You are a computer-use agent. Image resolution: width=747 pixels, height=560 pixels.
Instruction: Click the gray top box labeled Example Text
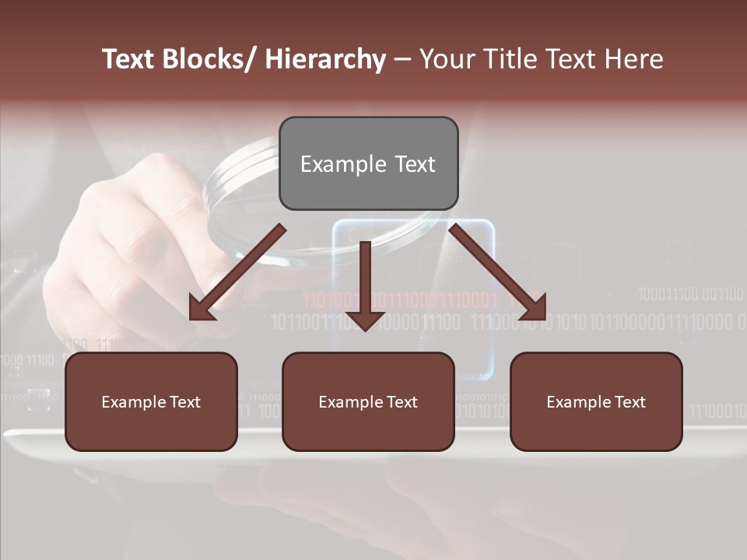[368, 163]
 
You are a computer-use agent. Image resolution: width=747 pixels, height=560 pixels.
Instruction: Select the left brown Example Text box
[151, 401]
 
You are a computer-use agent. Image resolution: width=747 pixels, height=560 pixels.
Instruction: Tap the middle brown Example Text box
[368, 401]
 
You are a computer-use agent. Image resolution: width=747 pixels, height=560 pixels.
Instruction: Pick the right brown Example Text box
[596, 401]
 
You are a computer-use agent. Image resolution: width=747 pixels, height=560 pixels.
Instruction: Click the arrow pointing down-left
[237, 272]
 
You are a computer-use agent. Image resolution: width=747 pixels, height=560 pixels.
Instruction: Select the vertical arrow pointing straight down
[365, 284]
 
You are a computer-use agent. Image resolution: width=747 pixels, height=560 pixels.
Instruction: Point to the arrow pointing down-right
[498, 272]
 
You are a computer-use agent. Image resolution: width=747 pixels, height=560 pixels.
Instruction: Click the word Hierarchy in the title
[325, 59]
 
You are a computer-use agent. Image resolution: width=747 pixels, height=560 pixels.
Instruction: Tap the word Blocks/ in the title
[206, 59]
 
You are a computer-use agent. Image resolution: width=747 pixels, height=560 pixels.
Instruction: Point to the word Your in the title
[446, 59]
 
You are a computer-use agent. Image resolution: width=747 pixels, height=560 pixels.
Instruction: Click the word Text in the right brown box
[629, 401]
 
